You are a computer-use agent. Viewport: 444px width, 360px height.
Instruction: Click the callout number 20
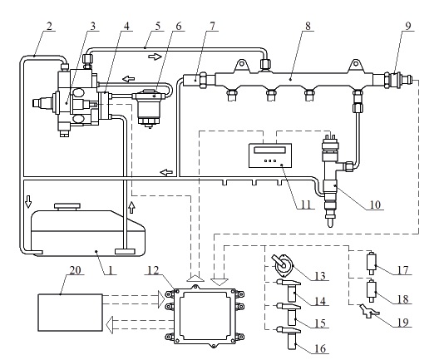pyautogui.click(x=75, y=270)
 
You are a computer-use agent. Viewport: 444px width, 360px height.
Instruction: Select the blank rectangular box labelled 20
pyautogui.click(x=70, y=312)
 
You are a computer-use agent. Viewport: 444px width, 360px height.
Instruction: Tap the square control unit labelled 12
pyautogui.click(x=205, y=317)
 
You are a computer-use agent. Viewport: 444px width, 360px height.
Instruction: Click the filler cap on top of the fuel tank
pyautogui.click(x=67, y=206)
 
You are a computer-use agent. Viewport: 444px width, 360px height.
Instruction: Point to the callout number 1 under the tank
pyautogui.click(x=111, y=270)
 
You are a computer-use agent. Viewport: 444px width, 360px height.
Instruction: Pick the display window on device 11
pyautogui.click(x=269, y=150)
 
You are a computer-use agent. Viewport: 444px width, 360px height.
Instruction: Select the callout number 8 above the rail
pyautogui.click(x=308, y=26)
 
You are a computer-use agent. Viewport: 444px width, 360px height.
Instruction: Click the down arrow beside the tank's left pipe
pyautogui.click(x=28, y=201)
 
